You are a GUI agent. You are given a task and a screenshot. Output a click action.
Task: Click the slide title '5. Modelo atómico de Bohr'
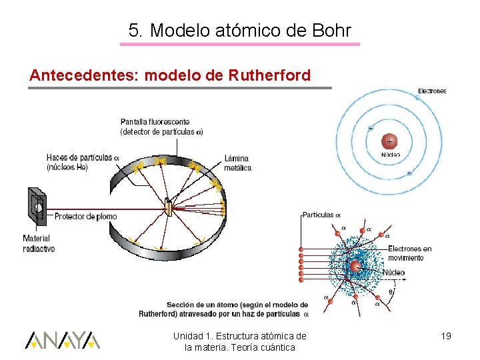(239, 30)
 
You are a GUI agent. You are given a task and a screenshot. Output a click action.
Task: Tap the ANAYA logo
(62, 340)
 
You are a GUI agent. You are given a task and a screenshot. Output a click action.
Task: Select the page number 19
(445, 336)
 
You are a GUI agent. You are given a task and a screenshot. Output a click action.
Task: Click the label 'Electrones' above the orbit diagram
(431, 91)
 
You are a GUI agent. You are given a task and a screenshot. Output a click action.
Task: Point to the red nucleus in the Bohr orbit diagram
(389, 141)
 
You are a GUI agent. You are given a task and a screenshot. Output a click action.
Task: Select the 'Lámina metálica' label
(237, 163)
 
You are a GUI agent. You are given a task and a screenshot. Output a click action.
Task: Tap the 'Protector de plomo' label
(85, 216)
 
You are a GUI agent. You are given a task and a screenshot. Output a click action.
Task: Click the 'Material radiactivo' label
(39, 243)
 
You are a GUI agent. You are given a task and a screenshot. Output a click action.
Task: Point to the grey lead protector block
(35, 208)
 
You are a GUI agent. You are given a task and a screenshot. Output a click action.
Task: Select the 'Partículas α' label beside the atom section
(321, 215)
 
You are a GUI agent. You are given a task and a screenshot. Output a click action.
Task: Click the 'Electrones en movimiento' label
(409, 253)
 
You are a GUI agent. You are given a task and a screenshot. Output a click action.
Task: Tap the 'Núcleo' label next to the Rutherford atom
(394, 272)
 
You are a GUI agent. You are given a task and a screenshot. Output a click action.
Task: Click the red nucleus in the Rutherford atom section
(355, 267)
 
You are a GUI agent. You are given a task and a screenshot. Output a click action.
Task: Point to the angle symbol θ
(391, 291)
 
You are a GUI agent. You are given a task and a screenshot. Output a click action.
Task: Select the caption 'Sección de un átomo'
(223, 309)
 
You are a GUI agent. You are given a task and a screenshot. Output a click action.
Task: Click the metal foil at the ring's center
(169, 210)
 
